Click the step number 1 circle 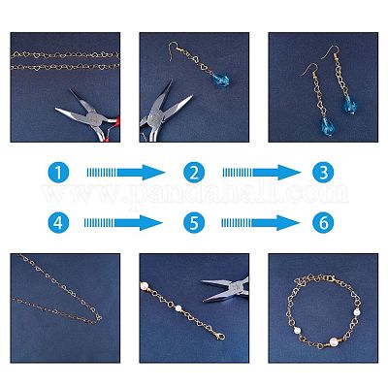(x=58, y=173)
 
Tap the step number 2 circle (x=194, y=173)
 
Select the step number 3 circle (x=323, y=173)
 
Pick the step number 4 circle (x=58, y=223)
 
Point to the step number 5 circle (x=194, y=223)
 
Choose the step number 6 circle (x=323, y=223)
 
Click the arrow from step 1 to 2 (x=126, y=173)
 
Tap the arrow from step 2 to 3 (x=262, y=173)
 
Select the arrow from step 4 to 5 (x=123, y=223)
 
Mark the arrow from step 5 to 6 (x=260, y=223)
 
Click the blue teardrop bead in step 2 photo (x=221, y=80)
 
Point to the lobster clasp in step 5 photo (x=220, y=337)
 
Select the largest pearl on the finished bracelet (x=334, y=341)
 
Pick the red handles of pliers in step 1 (x=112, y=129)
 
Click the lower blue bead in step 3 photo (x=327, y=126)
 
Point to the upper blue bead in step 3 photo (x=350, y=106)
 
